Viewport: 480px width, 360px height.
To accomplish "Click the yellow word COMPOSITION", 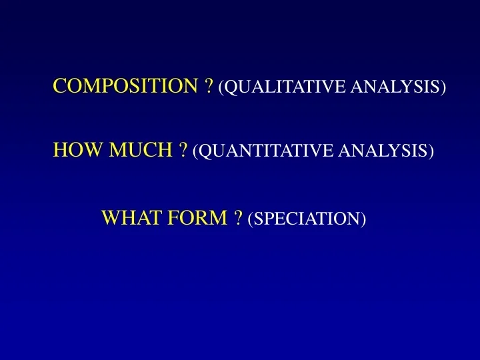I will coord(125,86).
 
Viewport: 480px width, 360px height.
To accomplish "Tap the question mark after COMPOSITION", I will coord(209,86).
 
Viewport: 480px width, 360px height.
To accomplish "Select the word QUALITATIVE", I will coord(285,87).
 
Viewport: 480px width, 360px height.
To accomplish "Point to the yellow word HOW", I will coord(71,151).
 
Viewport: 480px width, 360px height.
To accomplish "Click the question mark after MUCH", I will coord(183,151).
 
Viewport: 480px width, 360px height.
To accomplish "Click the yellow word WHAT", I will coord(129,217).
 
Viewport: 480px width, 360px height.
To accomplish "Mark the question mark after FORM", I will coord(238,217).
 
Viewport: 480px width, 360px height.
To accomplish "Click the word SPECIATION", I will coord(307,218).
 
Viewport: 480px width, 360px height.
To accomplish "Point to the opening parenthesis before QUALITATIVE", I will coord(221,87).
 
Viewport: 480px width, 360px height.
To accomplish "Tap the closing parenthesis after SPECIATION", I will coord(364,218).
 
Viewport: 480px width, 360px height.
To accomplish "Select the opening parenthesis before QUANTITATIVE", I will coord(195,152).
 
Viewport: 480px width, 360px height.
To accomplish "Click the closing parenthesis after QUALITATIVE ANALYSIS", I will coord(443,87).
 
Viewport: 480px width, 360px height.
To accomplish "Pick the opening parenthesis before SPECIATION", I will coord(250,218).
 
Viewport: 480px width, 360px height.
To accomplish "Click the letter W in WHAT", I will coord(109,217).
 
